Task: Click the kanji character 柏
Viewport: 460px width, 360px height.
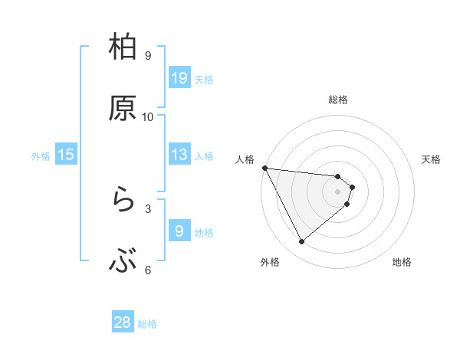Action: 123,47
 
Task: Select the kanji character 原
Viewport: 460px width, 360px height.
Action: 123,108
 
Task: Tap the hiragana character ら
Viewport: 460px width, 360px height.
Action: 123,201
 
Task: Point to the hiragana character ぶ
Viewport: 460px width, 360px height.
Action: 123,262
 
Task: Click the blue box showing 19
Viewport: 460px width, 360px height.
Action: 179,78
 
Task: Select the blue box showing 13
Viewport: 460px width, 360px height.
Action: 179,155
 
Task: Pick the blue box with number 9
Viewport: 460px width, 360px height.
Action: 179,231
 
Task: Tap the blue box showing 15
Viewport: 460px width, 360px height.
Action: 66,155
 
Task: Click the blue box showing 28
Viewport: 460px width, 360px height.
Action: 123,322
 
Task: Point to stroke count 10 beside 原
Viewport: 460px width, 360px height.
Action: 148,117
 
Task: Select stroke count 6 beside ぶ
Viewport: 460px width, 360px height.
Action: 148,270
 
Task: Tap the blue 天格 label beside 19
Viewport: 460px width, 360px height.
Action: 204,79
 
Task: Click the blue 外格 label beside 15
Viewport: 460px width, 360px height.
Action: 41,156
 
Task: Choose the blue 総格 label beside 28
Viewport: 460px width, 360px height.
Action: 147,324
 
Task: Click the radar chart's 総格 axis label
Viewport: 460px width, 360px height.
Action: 338,100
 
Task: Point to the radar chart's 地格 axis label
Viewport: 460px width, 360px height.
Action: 402,262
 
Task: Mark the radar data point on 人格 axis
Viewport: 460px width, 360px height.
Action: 264,168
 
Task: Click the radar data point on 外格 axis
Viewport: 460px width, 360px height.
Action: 301,242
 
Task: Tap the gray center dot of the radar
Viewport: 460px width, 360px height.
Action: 338,191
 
